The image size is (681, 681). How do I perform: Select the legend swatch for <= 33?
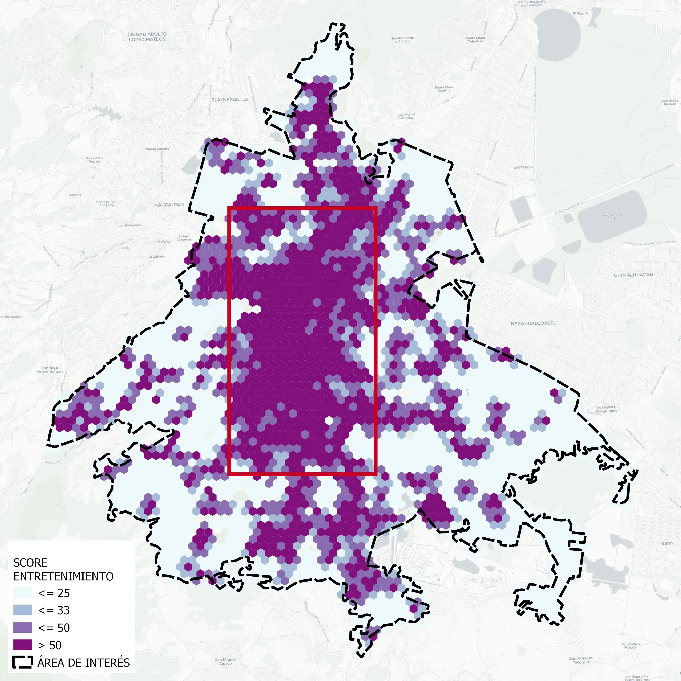22,610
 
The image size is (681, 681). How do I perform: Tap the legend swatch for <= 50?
22,627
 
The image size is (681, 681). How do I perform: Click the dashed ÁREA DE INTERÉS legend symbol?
22,662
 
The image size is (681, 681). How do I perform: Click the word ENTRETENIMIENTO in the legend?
64,577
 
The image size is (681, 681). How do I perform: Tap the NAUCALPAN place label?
169,205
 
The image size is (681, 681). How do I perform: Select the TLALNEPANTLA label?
230,99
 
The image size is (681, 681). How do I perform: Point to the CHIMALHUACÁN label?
633,275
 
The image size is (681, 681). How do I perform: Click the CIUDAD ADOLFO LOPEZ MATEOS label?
147,37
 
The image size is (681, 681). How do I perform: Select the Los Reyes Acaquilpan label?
606,409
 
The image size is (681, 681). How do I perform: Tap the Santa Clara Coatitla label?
444,89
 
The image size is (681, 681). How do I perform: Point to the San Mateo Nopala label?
94,160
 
